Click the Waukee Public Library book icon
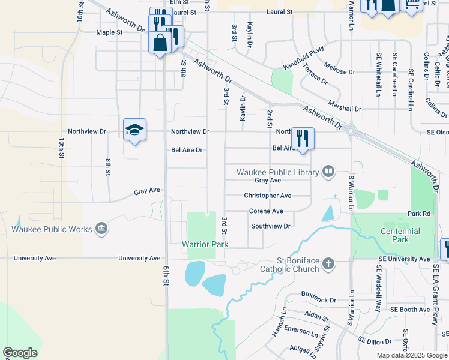(328, 172)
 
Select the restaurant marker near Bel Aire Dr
(302, 138)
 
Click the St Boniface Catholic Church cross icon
(328, 263)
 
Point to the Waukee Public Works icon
(101, 229)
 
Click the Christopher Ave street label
(267, 196)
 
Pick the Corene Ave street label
(266, 211)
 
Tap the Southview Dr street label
(270, 226)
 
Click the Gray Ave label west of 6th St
(147, 191)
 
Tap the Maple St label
(109, 32)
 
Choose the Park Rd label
(419, 214)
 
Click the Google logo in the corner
(20, 353)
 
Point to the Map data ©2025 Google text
(411, 355)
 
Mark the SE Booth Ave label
(410, 310)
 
